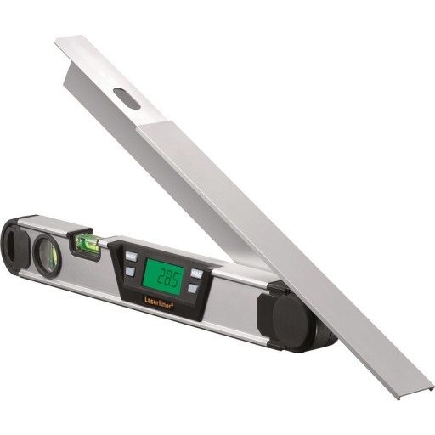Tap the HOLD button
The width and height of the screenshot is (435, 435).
(x=196, y=274)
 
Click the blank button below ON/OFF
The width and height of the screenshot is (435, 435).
(x=130, y=272)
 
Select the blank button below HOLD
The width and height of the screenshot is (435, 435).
(x=193, y=288)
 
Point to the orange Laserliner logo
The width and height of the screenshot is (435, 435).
(x=159, y=302)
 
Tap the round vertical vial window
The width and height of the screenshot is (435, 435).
(x=47, y=252)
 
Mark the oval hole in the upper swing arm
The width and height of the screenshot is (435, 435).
(x=127, y=98)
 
